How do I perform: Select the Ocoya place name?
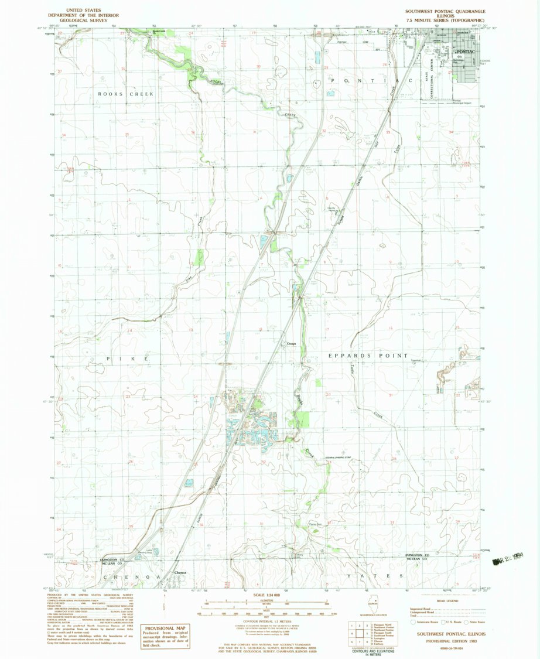pos(291,343)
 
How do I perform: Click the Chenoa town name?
pos(180,572)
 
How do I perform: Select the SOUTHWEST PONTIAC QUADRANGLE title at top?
pos(445,11)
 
